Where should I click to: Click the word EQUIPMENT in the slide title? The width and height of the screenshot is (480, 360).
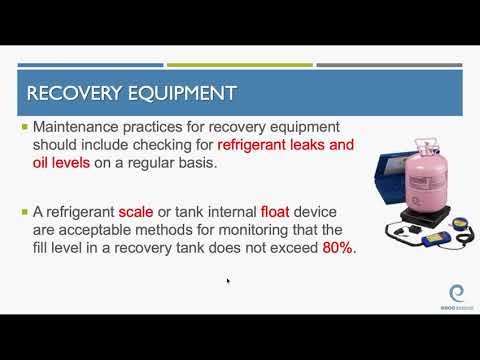(x=180, y=94)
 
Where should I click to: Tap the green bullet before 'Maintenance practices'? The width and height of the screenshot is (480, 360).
(x=25, y=128)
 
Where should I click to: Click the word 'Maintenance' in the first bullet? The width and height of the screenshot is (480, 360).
(x=78, y=128)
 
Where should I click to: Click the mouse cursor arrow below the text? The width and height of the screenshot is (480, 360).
(x=228, y=281)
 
